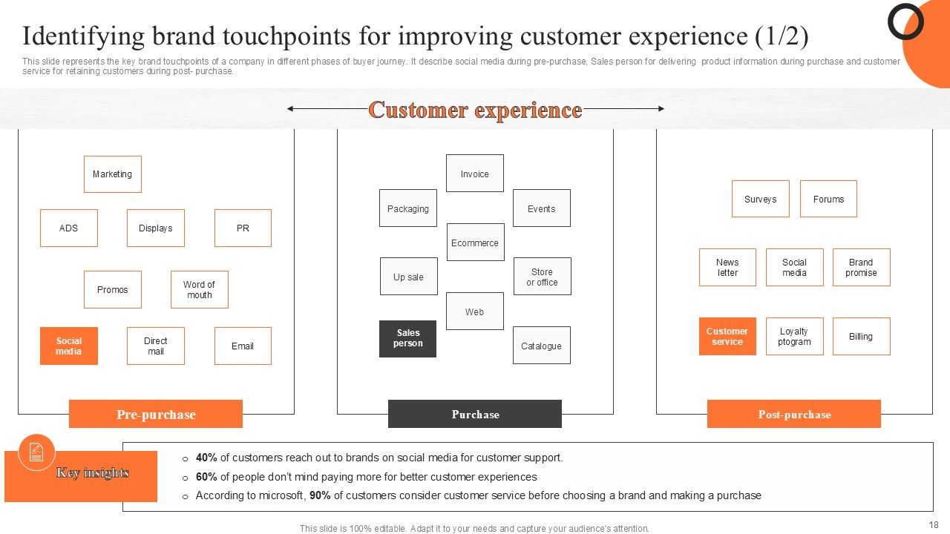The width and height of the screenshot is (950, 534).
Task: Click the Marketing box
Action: pos(112,174)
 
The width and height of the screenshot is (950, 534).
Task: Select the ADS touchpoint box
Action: pos(68,228)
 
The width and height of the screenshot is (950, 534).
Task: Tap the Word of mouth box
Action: pos(199,289)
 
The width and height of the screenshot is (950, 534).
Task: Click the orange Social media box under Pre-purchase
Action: pos(68,346)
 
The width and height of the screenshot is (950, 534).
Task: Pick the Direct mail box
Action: pos(155,346)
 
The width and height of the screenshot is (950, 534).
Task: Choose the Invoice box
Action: pos(474,174)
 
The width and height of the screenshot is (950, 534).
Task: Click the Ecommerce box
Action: pos(475,243)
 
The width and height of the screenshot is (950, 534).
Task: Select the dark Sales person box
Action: pos(407,338)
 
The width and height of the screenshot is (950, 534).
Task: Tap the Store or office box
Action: pos(542,277)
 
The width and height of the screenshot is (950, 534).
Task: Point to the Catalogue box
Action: pos(541,346)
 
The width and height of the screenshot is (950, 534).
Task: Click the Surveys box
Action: pos(760,199)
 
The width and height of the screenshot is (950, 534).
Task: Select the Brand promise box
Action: pos(861,267)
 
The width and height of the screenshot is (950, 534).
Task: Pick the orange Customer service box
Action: pos(727,336)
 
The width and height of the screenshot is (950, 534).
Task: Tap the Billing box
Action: pos(861,336)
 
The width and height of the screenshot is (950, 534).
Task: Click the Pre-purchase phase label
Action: pos(156,414)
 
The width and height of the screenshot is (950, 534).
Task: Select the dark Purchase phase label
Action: pos(475,414)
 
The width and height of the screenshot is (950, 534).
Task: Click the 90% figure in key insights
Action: pos(321,495)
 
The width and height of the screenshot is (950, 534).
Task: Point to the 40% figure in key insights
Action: pos(206,458)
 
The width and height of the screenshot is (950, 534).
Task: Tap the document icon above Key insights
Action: pos(36,452)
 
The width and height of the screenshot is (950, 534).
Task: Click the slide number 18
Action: pos(933,524)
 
